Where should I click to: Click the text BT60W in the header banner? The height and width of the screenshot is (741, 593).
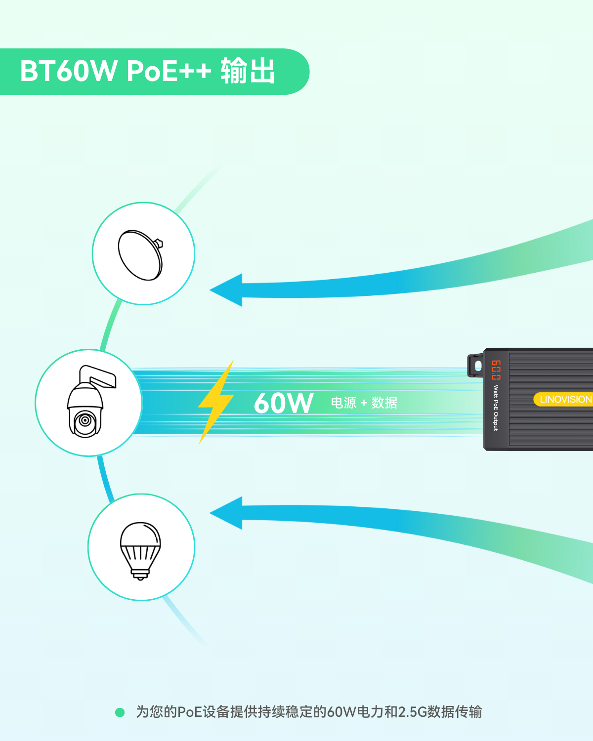point(69,71)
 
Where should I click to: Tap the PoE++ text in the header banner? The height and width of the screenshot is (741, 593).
point(169,71)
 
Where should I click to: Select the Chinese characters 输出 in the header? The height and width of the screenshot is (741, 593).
point(248,71)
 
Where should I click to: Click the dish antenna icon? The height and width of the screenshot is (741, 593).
point(140,255)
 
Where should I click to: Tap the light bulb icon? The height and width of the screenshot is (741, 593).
point(140,551)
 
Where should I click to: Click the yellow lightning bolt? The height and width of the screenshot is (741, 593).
point(216,402)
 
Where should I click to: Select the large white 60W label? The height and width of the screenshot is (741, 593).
point(284,403)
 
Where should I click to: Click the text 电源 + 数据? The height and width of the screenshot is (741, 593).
point(364,403)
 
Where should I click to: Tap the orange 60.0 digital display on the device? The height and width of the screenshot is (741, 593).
point(496,370)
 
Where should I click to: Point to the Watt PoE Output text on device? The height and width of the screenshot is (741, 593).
point(496,408)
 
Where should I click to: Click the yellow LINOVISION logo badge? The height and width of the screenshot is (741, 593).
point(563,400)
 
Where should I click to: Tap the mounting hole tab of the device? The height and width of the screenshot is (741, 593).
point(476,366)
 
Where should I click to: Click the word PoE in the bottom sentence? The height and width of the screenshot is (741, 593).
point(189,712)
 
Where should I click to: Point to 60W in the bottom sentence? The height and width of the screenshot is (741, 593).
point(341,712)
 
